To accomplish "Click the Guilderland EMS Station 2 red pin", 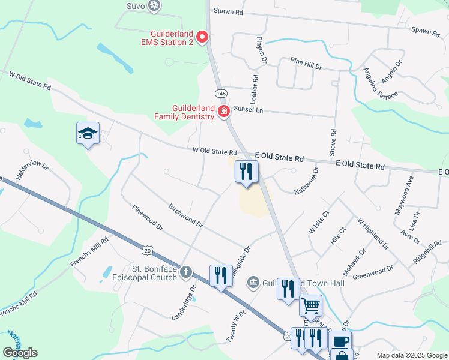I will pos(202,37).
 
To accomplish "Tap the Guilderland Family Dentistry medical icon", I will pos(223,111).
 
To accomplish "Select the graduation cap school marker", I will pos(88,134).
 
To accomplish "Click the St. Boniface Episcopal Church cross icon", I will pos(186,272).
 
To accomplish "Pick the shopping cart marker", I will pos(310,305).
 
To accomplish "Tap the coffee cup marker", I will pos(340,341).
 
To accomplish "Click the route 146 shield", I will pos(221,94).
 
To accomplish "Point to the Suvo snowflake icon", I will pos(155,6).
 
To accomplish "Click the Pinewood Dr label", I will pos(147,217).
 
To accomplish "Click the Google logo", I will pos(20,353).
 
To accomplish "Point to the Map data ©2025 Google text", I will pos(411,355).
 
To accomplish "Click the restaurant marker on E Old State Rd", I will pos(246,172).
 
